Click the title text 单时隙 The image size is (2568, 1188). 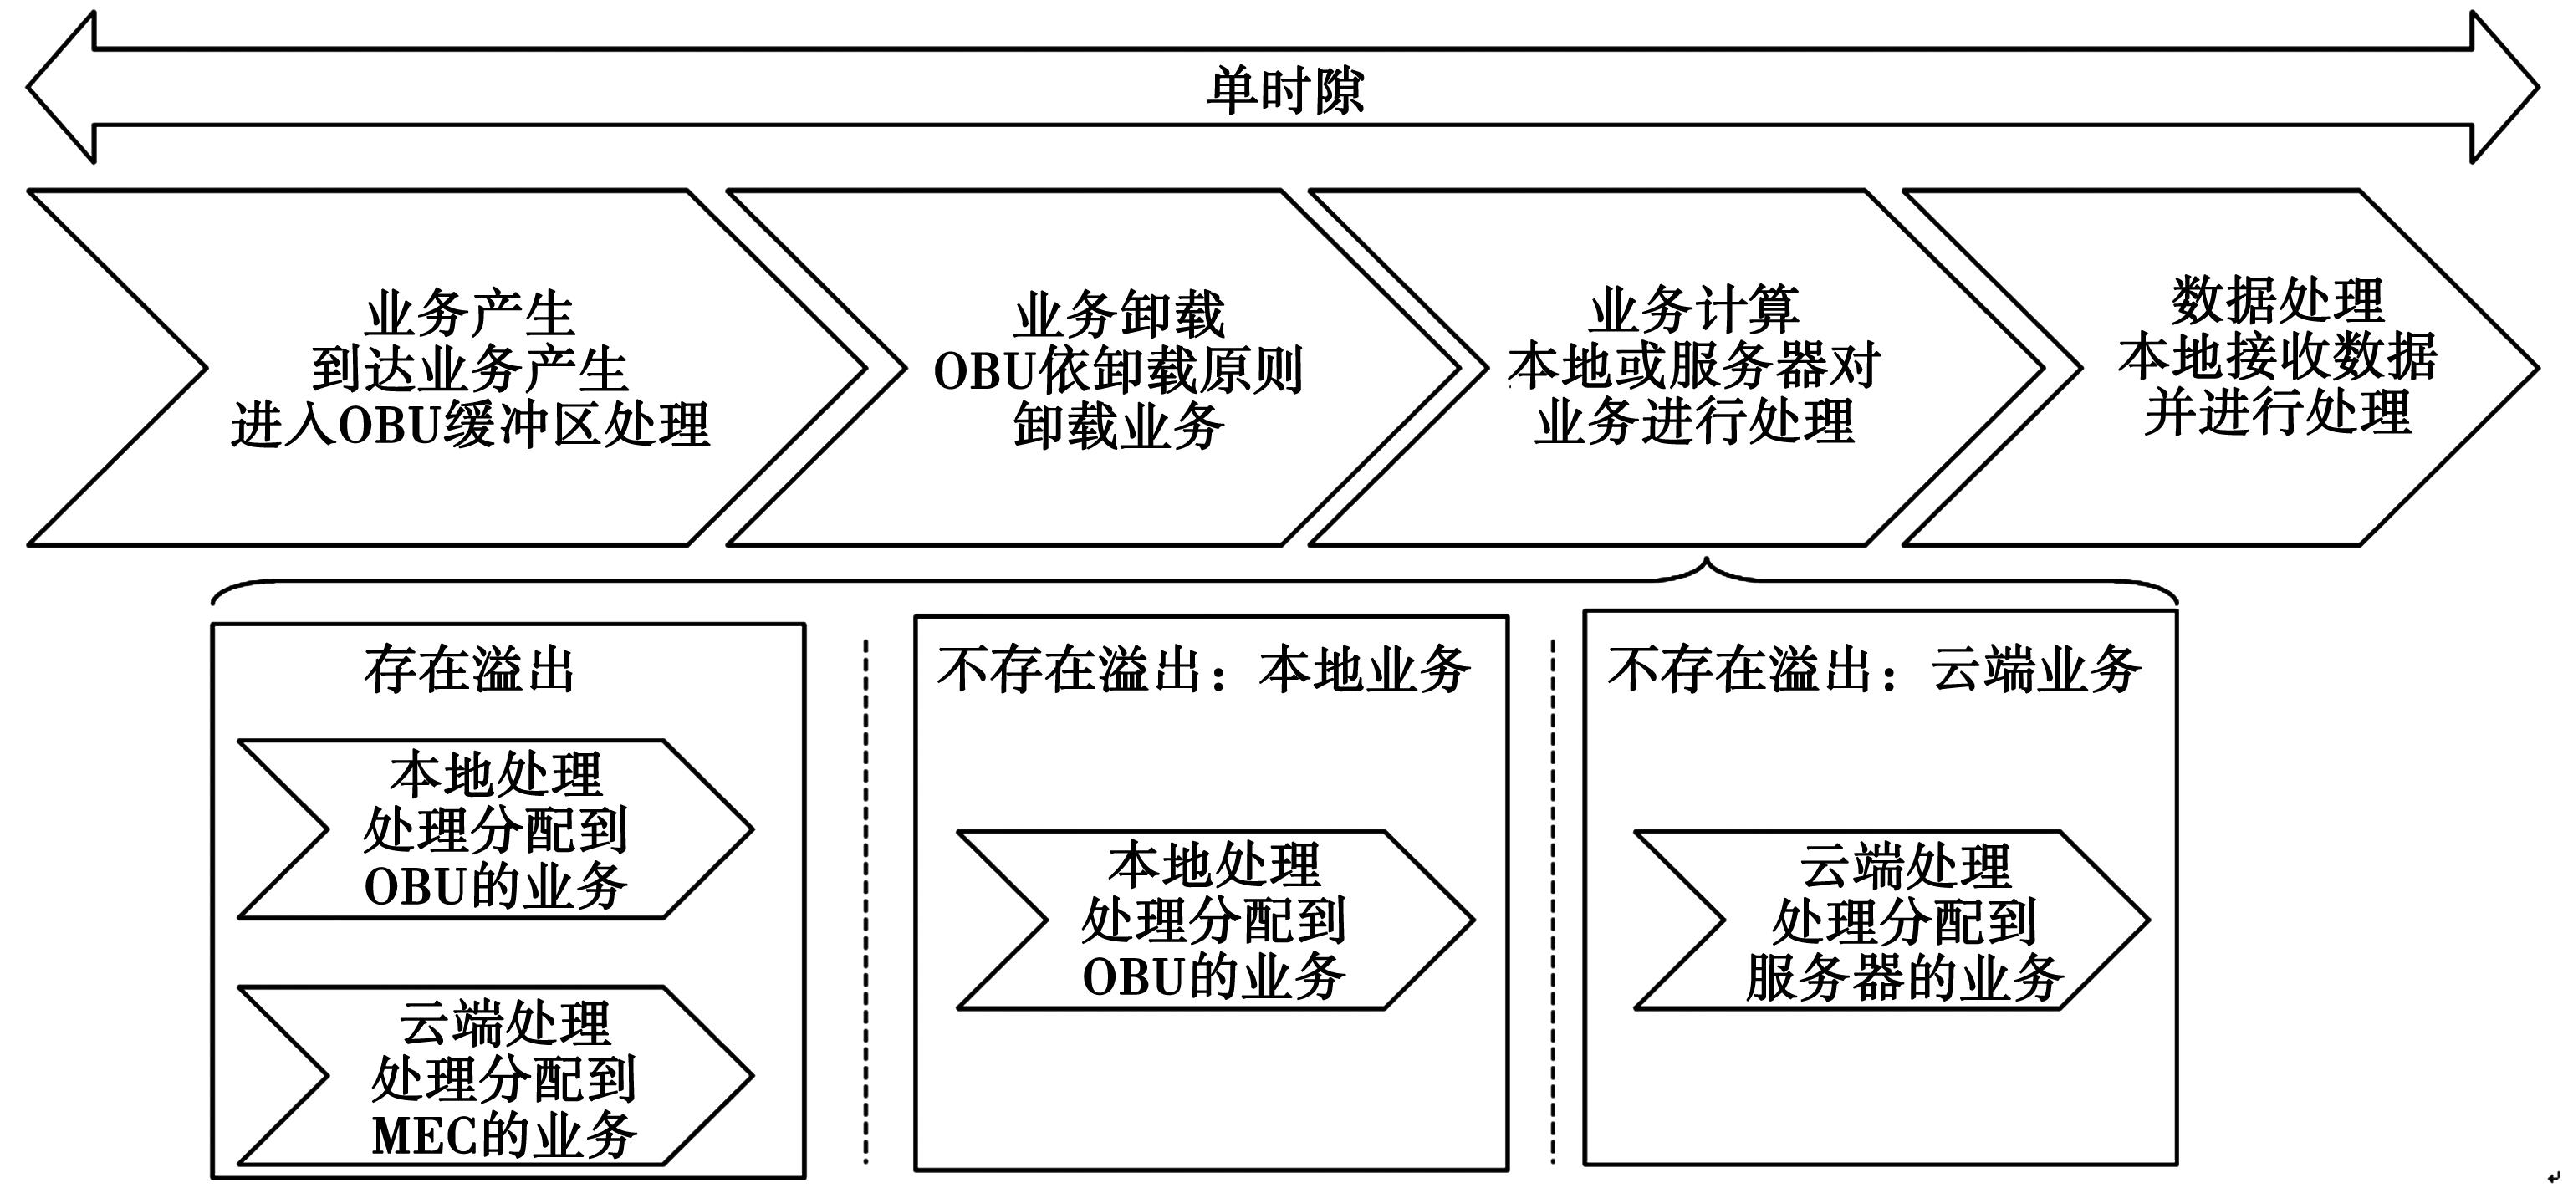[x=1284, y=89]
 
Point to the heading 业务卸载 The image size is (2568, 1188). [x=1119, y=315]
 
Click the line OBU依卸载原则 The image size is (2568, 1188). [x=1119, y=370]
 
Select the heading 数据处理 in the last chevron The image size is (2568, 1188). [x=2278, y=300]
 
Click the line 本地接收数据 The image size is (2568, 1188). [x=2278, y=356]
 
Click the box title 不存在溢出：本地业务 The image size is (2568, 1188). [x=1203, y=670]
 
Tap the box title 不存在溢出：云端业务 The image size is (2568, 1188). [x=1874, y=670]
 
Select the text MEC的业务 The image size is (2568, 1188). [x=503, y=1135]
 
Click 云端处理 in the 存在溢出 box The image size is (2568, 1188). [x=503, y=1022]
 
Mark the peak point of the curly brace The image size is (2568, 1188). [x=1707, y=561]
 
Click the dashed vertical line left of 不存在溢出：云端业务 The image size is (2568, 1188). [x=1553, y=897]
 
